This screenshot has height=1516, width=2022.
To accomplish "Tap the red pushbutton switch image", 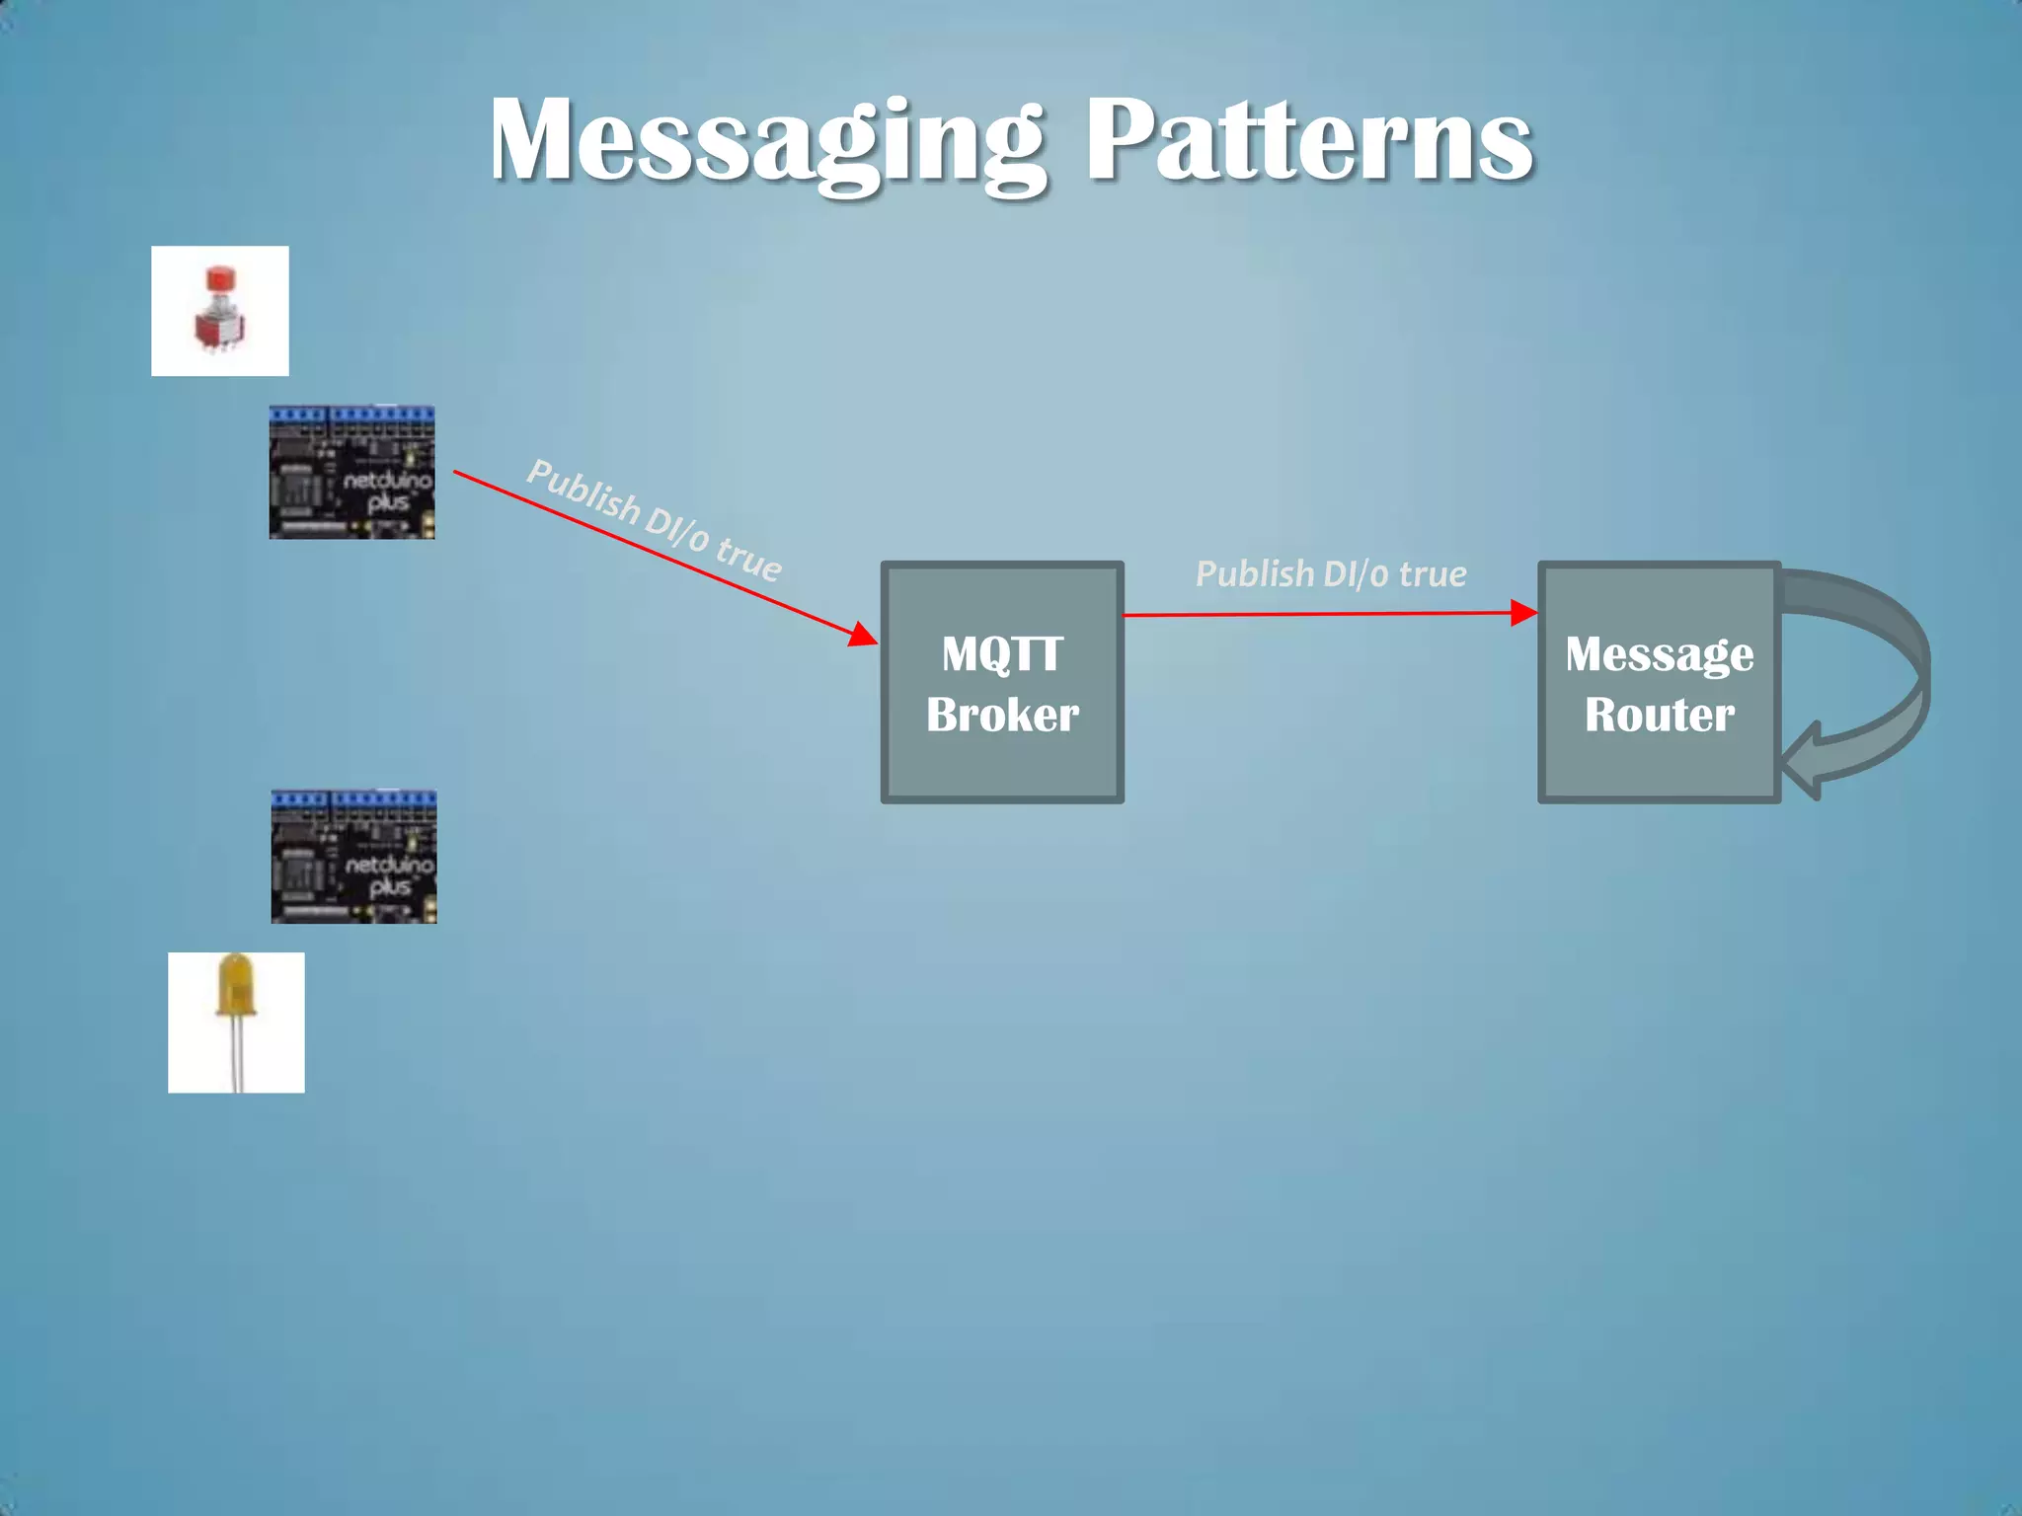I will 219,311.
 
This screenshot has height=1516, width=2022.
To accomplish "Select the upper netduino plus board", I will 351,472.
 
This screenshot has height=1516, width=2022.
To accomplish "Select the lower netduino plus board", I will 353,857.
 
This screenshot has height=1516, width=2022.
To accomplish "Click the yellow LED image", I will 236,1022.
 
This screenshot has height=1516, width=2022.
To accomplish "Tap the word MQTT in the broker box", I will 1002,654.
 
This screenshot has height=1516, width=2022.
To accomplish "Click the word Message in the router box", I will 1659,654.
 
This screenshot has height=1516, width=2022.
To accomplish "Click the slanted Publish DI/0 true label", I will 654,520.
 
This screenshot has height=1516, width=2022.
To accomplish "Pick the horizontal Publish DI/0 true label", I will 1330,574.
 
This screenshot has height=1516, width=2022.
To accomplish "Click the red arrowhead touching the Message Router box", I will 1523,613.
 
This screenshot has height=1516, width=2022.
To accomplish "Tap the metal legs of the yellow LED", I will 236,1061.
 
